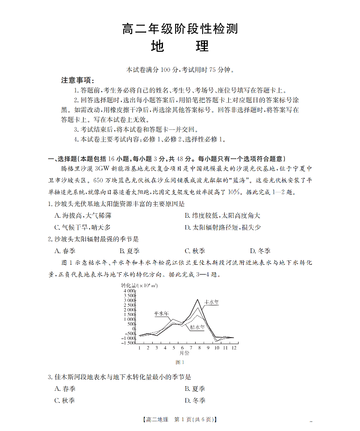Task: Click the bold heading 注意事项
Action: click(x=78, y=80)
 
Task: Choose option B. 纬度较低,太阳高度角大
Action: click(x=222, y=216)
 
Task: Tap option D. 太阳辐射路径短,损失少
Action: click(x=222, y=227)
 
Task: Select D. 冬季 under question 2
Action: click(x=260, y=251)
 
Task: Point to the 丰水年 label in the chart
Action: click(x=212, y=302)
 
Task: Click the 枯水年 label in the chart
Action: click(x=197, y=327)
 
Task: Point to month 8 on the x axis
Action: click(x=198, y=348)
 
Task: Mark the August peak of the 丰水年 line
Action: click(x=198, y=299)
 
